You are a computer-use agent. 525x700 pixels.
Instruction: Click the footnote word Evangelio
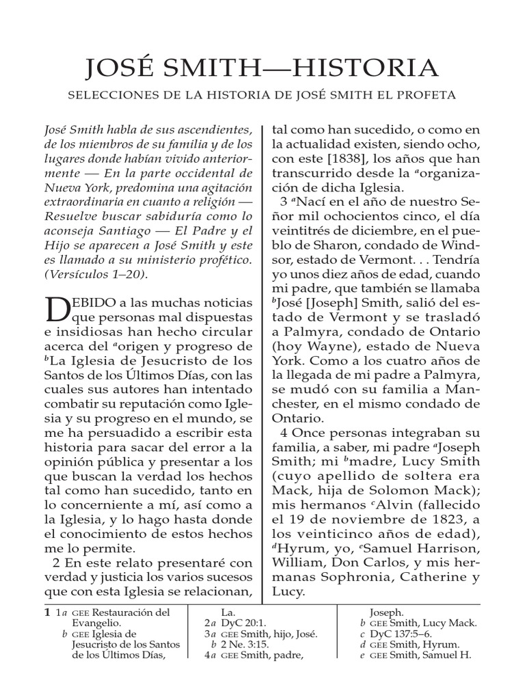coord(96,623)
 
